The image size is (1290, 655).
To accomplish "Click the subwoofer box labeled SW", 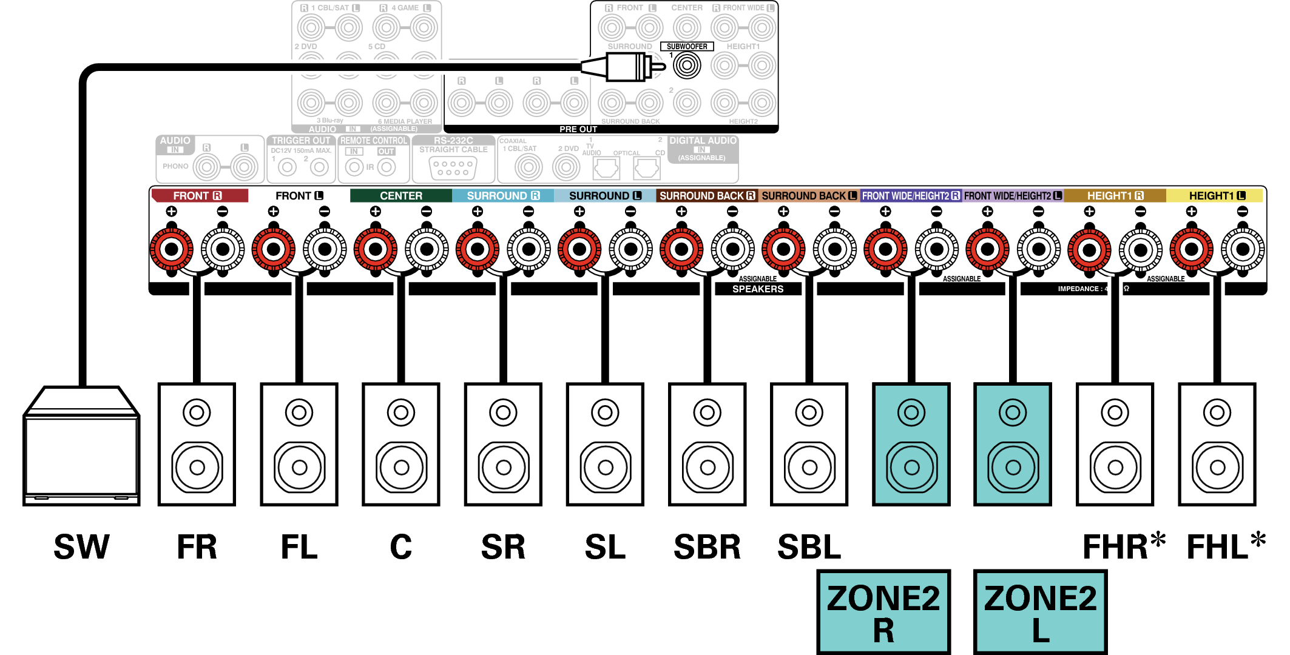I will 81,449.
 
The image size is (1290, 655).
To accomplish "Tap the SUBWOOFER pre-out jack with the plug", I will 687,65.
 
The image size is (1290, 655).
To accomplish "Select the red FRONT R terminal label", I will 199,196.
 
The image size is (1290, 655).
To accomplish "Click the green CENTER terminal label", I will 400,196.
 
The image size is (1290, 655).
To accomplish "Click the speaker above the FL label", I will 299,444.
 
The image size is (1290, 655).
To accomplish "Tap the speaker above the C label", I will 401,444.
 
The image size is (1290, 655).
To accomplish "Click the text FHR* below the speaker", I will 1123,546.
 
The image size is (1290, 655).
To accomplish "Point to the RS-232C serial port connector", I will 453,168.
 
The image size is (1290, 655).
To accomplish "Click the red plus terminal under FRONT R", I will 172,249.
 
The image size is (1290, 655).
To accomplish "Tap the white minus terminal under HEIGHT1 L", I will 1243,249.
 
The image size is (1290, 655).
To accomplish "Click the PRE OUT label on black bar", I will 578,129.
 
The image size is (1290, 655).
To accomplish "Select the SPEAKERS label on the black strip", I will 758,289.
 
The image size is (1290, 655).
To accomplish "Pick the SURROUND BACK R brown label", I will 707,196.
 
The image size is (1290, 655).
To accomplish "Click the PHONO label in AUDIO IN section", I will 175,166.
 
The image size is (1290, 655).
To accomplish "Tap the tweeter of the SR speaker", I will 503,413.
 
